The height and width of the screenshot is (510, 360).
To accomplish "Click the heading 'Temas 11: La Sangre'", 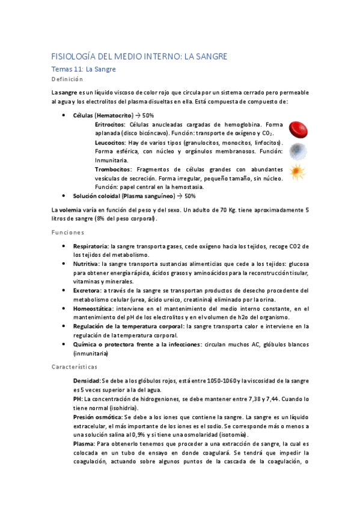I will (x=84, y=69).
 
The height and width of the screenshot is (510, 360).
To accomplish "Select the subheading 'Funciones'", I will (x=67, y=232).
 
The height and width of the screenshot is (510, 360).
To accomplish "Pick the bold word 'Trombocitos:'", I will (x=115, y=170).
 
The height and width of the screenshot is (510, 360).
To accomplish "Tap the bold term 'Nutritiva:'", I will (x=87, y=263).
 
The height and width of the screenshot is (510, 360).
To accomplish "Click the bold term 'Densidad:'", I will (x=87, y=381).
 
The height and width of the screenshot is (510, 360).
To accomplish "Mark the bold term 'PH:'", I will (x=78, y=399).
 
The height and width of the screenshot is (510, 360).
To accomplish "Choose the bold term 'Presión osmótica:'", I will (x=98, y=416).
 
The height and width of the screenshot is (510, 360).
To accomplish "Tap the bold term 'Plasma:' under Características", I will (x=85, y=443).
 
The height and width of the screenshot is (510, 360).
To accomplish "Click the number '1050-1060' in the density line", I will (x=221, y=381).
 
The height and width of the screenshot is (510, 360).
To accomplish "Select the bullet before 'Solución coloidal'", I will (x=64, y=196).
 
